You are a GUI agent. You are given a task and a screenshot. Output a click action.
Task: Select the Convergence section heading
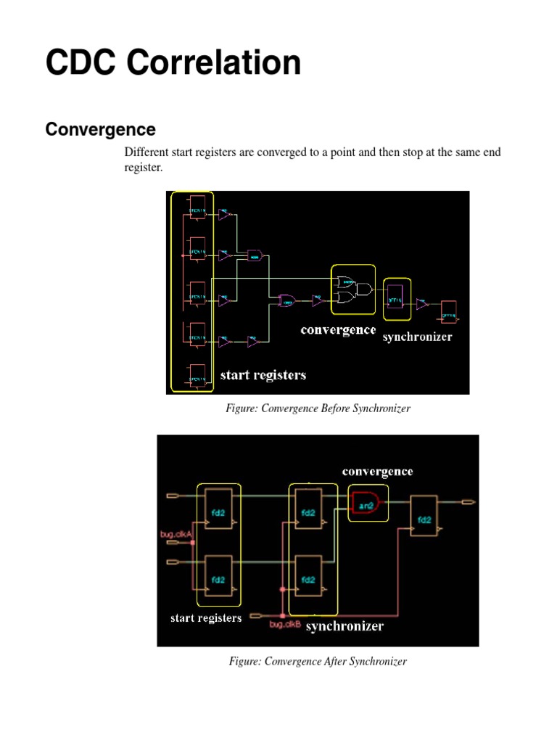tap(100, 129)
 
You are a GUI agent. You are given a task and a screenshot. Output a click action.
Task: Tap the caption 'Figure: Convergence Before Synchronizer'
tap(318, 409)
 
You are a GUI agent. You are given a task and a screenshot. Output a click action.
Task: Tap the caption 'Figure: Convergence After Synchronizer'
tap(318, 661)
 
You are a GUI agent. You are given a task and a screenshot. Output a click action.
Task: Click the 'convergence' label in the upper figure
tap(339, 330)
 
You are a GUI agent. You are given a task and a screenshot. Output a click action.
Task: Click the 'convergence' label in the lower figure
tap(377, 472)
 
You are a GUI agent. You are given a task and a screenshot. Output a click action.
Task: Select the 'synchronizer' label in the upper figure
tap(417, 337)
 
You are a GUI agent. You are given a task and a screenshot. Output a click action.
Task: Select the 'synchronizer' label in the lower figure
tap(344, 625)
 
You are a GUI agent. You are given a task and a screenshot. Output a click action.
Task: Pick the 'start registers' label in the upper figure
tap(263, 375)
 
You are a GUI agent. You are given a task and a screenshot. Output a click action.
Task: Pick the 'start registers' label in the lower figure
tap(206, 618)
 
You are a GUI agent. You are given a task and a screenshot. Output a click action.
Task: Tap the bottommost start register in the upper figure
tap(196, 377)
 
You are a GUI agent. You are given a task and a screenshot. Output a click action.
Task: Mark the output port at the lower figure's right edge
tap(469, 501)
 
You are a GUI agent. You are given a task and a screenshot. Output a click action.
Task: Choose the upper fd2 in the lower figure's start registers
tap(218, 511)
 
